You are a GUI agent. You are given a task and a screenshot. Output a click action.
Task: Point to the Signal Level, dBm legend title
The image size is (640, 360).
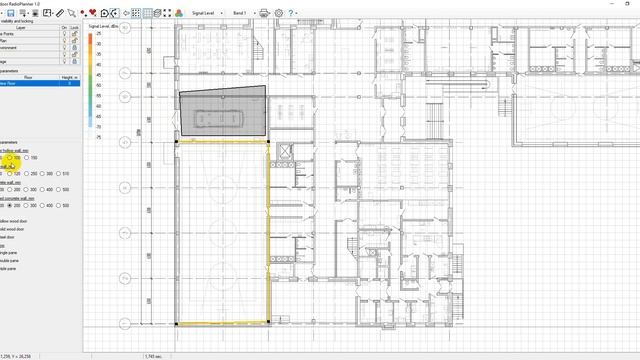click(x=103, y=26)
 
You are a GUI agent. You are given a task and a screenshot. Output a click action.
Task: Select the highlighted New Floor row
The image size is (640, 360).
click(x=30, y=84)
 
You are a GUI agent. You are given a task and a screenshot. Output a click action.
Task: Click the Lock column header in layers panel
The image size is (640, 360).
click(x=74, y=28)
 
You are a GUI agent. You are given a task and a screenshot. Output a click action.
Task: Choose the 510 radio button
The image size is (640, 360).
click(x=61, y=174)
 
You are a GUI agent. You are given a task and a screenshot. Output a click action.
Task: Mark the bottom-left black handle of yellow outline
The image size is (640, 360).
click(x=177, y=324)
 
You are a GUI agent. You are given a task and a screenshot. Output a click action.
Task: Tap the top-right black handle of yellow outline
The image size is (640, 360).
click(x=269, y=141)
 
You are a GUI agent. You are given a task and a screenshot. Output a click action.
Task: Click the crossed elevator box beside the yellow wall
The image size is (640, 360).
click(x=283, y=153)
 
